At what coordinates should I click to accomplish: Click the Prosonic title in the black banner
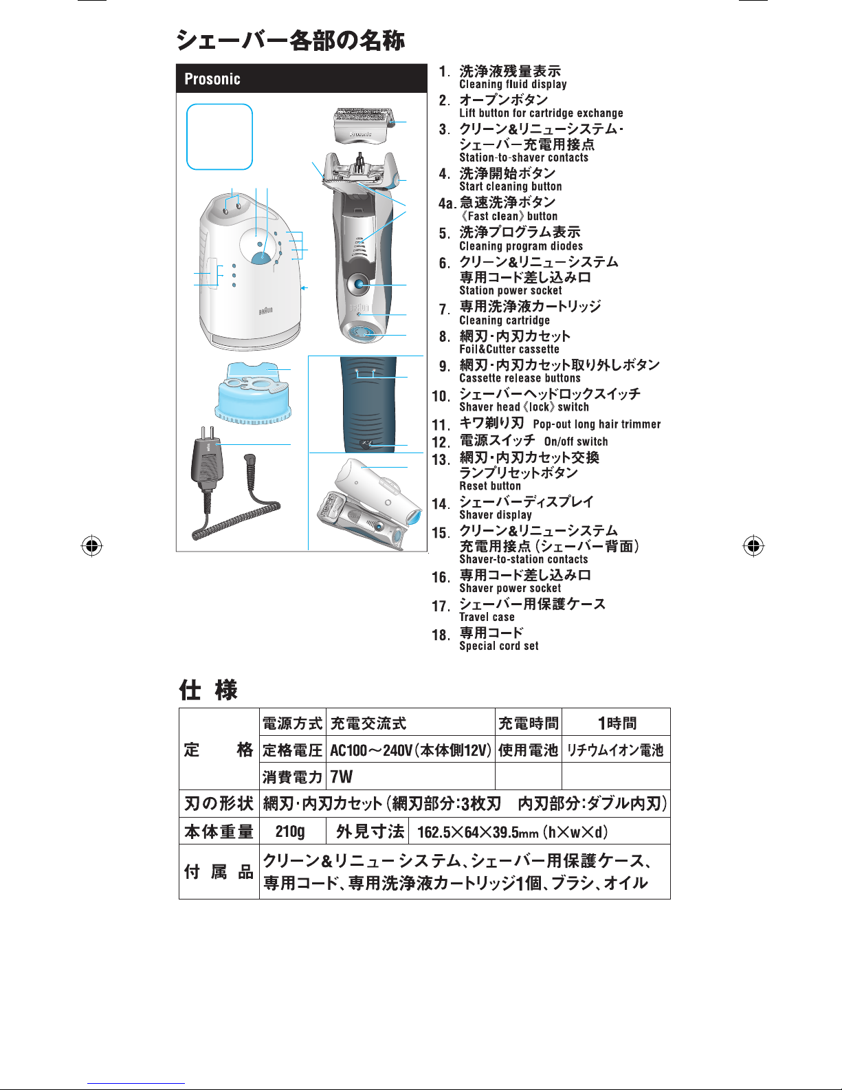tap(212, 79)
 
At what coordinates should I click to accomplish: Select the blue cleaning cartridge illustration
tap(253, 394)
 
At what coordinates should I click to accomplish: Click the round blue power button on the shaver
tap(359, 284)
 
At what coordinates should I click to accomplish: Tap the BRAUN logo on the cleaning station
tap(265, 311)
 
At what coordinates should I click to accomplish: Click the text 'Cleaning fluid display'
tap(513, 85)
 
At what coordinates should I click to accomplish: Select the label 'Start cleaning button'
tap(510, 186)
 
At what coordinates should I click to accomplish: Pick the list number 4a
tap(447, 203)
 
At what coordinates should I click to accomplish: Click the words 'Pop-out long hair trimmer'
tap(597, 424)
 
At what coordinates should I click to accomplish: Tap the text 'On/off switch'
tap(576, 442)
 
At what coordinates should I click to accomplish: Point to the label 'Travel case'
tap(487, 617)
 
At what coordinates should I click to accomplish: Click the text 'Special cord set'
tap(499, 646)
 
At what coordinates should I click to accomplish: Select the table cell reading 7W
tap(342, 776)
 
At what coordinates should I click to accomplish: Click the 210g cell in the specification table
tap(289, 831)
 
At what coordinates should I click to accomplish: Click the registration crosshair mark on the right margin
tap(753, 546)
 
